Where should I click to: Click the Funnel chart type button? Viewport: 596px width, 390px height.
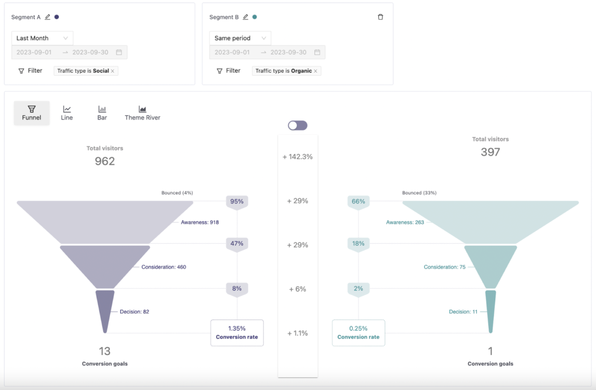(31, 112)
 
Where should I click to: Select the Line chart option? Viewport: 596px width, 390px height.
(67, 112)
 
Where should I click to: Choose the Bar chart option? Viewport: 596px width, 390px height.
(102, 112)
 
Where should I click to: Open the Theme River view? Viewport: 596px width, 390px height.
(142, 112)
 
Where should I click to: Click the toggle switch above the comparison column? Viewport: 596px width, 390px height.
(297, 125)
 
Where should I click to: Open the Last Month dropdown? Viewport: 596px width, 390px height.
(42, 38)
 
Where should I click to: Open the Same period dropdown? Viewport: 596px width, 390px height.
(240, 38)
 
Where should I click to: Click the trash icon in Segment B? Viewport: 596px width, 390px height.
(381, 17)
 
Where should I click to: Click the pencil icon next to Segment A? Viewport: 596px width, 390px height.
(48, 17)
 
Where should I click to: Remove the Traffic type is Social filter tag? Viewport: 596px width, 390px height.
(113, 71)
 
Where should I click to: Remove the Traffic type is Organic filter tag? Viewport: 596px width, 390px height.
(315, 71)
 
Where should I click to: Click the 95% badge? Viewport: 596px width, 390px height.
(237, 201)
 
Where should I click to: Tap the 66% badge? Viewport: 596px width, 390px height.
(359, 201)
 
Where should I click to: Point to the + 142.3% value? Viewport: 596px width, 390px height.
(297, 157)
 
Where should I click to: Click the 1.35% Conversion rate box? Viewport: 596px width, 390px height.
(237, 333)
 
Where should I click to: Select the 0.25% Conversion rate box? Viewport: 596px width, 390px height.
(359, 333)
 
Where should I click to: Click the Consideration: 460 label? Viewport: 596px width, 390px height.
(164, 267)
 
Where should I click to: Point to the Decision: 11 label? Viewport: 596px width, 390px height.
(463, 312)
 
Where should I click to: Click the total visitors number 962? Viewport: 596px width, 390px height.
(105, 161)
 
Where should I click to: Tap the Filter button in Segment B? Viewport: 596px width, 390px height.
(228, 71)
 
